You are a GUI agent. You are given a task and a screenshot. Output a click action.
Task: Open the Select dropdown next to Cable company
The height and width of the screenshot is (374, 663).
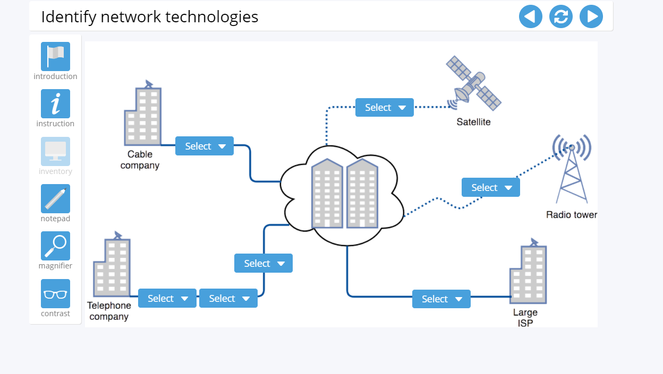coord(205,146)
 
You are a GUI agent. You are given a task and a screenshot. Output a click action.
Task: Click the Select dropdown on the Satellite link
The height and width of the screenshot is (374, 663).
coord(384,108)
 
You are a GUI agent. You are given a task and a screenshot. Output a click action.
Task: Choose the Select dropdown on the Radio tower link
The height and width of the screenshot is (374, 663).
coord(490,188)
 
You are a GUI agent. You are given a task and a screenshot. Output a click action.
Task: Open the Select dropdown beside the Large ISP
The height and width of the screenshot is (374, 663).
coord(441,299)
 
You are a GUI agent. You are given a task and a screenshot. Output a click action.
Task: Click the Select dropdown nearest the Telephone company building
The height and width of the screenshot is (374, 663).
coord(167,299)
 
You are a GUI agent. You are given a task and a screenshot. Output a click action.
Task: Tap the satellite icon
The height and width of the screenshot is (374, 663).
coord(473,84)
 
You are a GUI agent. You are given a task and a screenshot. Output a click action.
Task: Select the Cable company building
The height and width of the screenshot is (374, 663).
coord(143,116)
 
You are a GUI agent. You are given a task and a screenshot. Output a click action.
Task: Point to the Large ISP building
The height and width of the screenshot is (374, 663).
coord(528,275)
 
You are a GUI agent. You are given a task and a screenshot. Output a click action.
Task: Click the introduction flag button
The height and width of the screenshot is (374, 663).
coord(55,56)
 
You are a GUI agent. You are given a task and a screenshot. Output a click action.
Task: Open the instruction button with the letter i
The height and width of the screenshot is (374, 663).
coord(55,103)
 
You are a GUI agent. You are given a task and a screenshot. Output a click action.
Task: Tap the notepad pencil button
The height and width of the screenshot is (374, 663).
coord(55,198)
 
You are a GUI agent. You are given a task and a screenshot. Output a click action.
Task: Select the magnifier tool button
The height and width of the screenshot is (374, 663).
coord(55,246)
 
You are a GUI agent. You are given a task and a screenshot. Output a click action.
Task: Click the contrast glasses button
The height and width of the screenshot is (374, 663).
coord(55,293)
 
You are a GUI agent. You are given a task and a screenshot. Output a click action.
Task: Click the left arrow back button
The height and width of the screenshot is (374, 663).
coord(530,16)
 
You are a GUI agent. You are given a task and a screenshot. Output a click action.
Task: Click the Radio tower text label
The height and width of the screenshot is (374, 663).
coord(572,215)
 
